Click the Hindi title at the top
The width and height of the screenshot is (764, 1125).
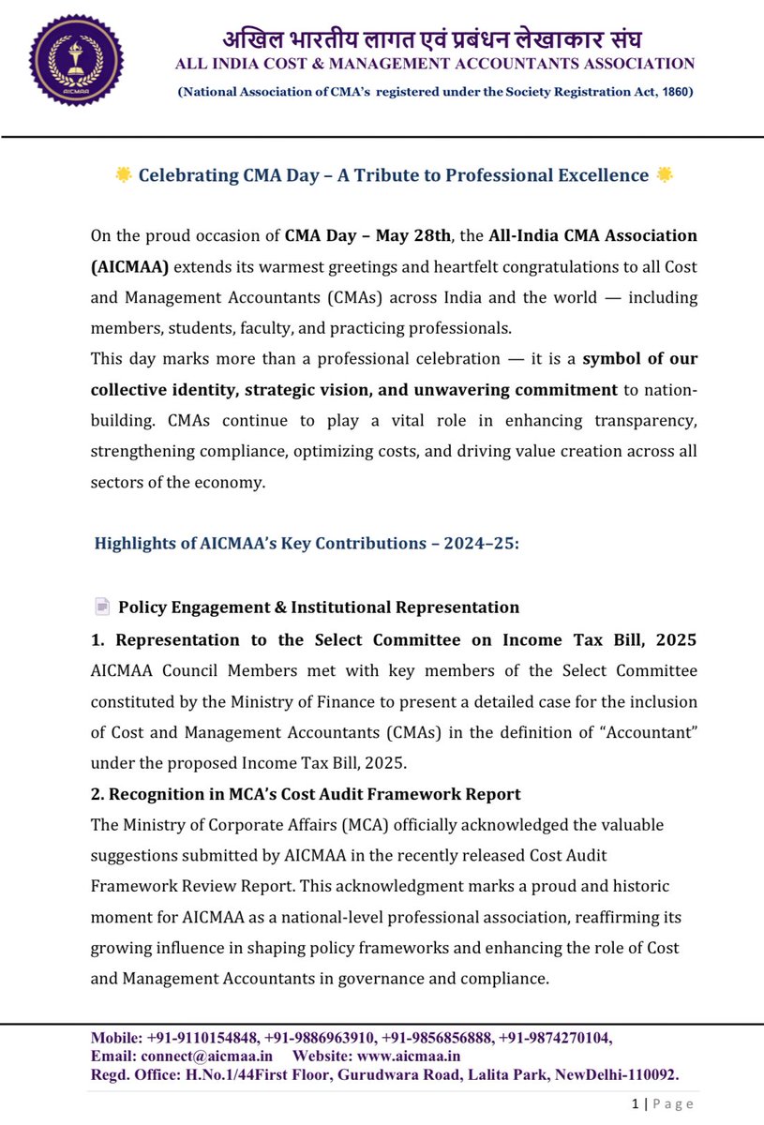coord(432,39)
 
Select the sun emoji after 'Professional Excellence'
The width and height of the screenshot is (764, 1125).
coord(665,175)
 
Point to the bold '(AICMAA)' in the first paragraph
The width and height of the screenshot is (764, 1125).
coord(129,266)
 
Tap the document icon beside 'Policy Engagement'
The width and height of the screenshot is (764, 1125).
coord(102,607)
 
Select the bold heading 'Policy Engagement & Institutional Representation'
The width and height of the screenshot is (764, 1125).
coord(319,607)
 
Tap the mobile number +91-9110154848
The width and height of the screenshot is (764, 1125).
coord(200,1038)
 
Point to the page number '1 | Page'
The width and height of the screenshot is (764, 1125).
coord(663,1104)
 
